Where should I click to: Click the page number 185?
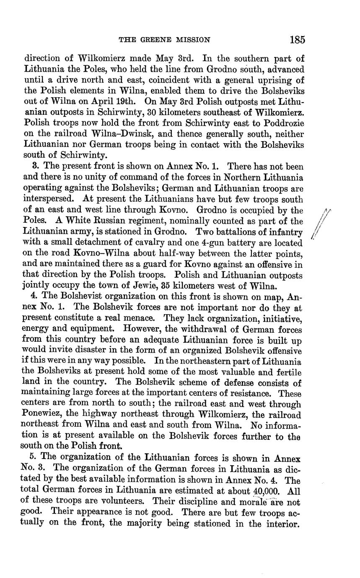point(297,40)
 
